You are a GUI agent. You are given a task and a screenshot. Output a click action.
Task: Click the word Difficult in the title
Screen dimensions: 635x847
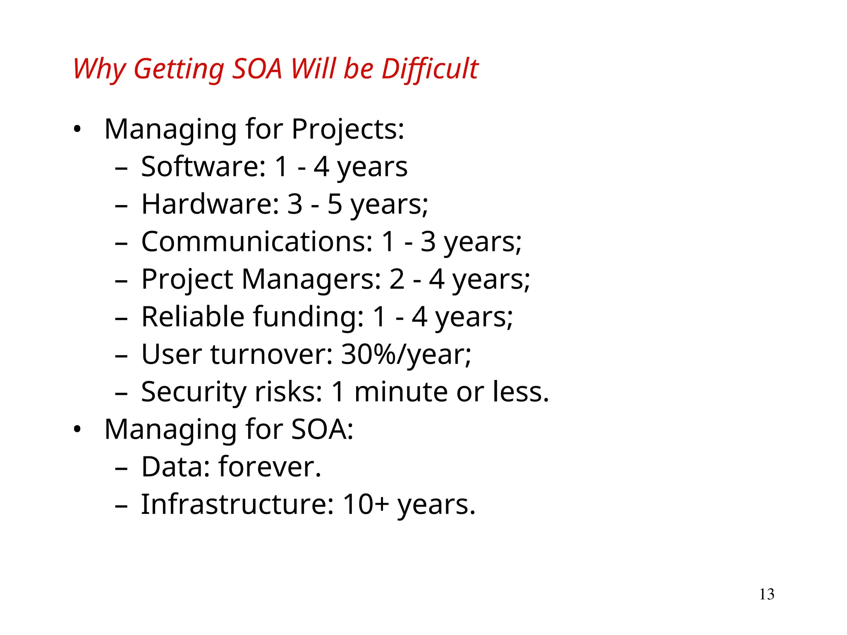click(430, 69)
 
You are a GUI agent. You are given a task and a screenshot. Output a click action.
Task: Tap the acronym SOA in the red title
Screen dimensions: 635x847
click(257, 69)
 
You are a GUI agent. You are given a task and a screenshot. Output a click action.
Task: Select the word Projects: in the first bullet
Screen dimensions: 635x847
click(347, 129)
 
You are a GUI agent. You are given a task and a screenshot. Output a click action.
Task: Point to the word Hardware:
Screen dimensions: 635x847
click(210, 204)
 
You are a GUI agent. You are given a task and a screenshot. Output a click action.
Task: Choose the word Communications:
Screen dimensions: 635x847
click(257, 242)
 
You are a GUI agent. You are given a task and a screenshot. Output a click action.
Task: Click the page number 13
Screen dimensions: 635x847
click(766, 594)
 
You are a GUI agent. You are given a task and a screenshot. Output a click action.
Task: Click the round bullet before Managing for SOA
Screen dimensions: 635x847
click(77, 430)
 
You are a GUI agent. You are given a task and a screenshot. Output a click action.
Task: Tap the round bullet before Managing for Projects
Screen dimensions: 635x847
click(77, 130)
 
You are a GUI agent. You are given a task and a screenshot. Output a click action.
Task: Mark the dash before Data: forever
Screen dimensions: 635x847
click(121, 469)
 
